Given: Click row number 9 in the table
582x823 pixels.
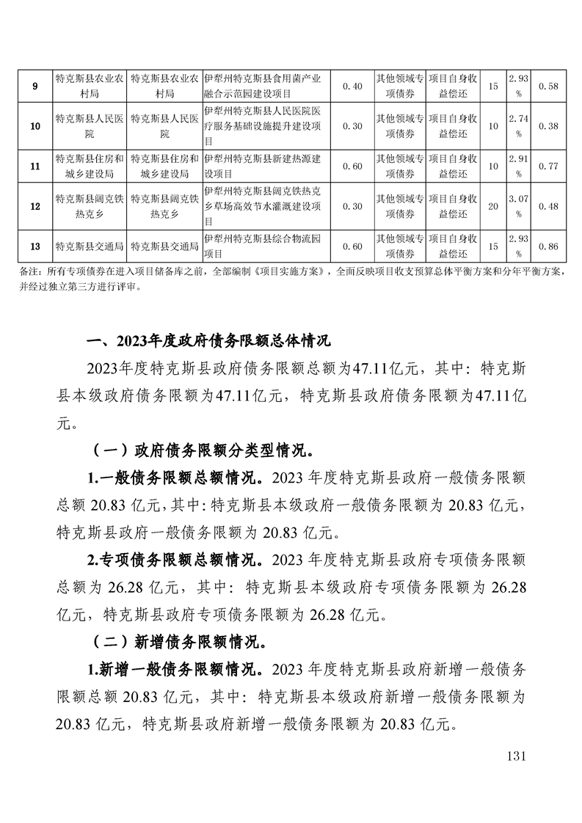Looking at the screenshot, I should pos(36,86).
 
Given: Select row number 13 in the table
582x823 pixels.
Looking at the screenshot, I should pos(36,246).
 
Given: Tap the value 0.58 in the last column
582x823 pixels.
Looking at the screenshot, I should pos(548,86).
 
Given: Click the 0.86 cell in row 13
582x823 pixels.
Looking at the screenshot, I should pos(548,246).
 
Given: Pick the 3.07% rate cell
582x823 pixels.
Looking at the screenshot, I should pos(517,206).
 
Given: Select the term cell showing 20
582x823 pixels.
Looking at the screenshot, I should pos(493,206).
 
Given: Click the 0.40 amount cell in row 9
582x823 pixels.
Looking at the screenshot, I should pos(353,86).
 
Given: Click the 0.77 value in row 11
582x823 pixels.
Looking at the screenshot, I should pos(548,166).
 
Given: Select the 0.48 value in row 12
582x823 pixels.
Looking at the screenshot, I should pos(548,206).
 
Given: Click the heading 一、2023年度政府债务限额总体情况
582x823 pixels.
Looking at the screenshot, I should pos(208,341).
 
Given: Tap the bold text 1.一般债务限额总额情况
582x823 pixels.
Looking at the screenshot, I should pos(177,480).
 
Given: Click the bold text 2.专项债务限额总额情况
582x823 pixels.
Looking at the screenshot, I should pos(177,560).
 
